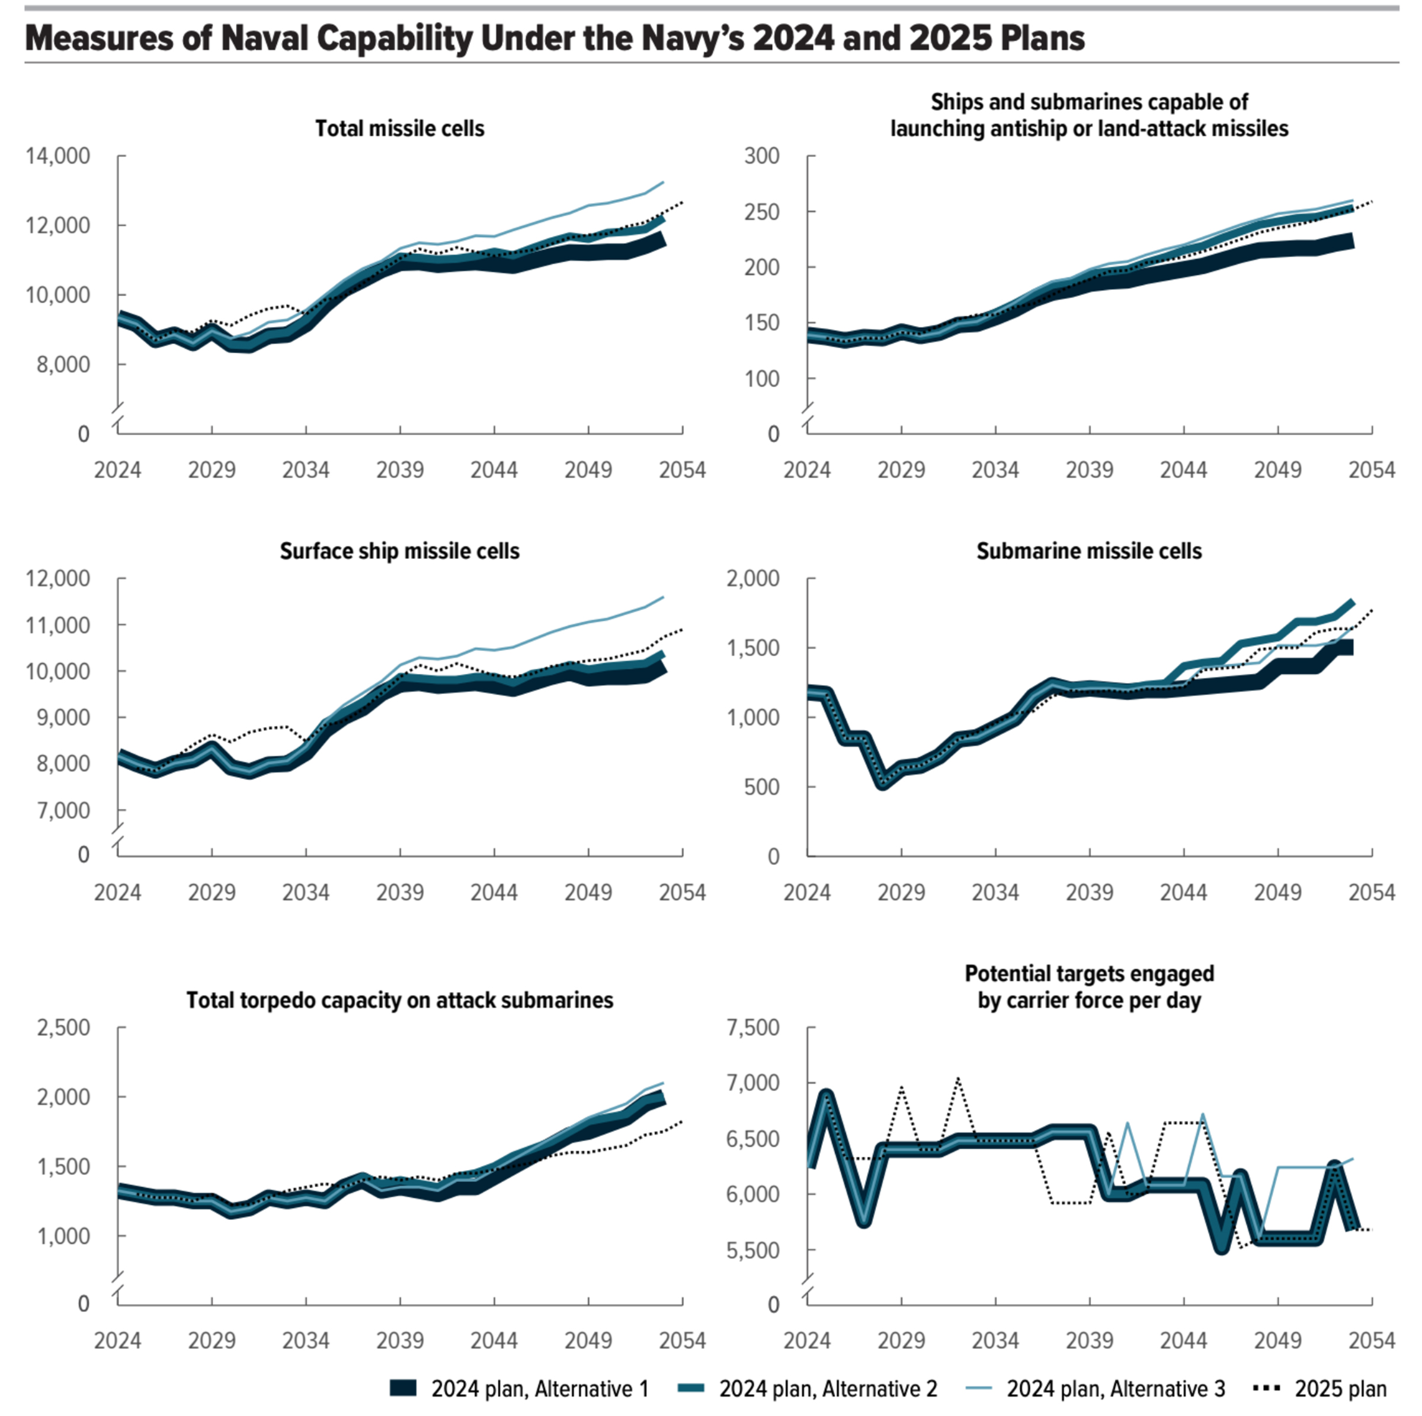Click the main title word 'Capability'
coord(394,39)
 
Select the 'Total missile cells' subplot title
coord(400,128)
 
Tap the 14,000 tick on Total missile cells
coord(58,156)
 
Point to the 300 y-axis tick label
coord(762,156)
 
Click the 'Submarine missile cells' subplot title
coord(1088,552)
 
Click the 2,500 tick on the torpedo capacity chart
coord(64,1028)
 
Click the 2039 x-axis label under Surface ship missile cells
coord(400,893)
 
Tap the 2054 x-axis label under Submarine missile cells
coord(1371,893)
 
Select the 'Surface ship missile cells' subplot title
coord(400,552)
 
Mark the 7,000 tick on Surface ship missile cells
coord(64,810)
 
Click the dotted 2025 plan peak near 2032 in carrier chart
coord(957,1079)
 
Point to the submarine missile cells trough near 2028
coord(882,784)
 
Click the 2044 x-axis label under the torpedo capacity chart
coord(494,1341)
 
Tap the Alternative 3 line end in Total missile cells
coord(663,182)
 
